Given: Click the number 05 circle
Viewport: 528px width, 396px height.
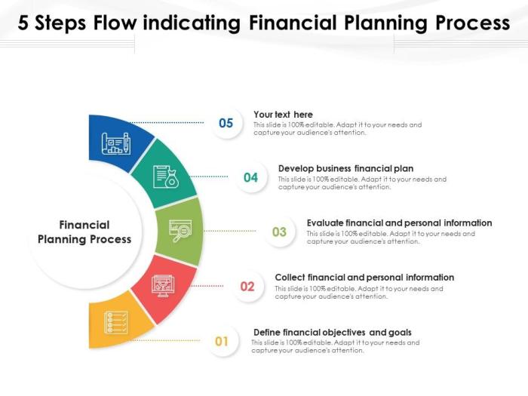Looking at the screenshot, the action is (226, 123).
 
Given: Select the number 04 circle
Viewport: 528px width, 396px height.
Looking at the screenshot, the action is (251, 177).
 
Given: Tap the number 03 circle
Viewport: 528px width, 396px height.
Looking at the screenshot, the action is (280, 232).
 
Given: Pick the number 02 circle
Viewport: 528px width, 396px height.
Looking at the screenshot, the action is (247, 286).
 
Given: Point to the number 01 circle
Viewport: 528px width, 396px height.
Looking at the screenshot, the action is (222, 341).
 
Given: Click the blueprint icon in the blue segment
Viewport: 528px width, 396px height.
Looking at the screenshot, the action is (116, 143).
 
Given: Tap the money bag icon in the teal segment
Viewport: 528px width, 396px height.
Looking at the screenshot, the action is (166, 177).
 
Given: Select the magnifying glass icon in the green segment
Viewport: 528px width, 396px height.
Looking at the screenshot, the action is (180, 231).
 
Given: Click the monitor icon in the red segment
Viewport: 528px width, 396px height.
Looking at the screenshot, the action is (163, 286).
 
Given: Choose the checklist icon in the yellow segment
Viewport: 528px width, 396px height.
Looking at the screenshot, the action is (116, 323).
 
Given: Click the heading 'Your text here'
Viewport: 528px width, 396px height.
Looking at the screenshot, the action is (283, 115).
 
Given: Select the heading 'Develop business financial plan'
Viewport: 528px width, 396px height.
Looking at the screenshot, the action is (345, 168).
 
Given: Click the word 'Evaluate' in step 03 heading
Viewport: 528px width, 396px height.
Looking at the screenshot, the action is (325, 223).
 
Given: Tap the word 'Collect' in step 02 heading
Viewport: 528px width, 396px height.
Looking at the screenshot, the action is (290, 278).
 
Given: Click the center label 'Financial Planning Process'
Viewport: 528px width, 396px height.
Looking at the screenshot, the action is (84, 232).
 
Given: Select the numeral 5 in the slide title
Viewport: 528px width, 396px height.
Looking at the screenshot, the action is (23, 23).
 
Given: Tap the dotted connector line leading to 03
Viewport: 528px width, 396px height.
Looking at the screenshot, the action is (230, 231).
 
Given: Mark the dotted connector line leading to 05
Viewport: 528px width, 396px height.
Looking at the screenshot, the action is (167, 122).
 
